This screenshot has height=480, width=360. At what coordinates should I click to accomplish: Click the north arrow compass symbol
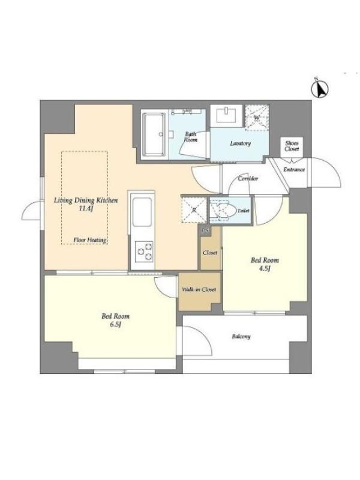320,89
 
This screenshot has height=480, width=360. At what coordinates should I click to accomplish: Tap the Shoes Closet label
292,146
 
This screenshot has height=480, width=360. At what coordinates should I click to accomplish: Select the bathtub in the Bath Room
155,134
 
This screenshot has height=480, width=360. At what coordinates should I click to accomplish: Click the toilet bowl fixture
223,211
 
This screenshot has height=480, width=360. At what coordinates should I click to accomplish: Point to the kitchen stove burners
145,251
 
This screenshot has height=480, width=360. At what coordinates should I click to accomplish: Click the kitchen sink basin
142,212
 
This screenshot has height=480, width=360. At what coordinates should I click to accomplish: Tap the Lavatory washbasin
226,115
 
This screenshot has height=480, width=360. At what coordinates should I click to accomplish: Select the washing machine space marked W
257,118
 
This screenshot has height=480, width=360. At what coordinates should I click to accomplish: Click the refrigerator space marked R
194,210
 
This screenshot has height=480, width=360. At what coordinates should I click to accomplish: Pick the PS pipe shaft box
205,231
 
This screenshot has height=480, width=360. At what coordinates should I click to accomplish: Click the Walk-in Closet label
199,289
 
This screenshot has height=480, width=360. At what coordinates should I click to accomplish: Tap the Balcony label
241,337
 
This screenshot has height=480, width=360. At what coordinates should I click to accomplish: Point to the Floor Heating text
90,240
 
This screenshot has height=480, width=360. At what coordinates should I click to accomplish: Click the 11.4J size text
86,208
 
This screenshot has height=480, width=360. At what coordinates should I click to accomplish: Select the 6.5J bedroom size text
115,324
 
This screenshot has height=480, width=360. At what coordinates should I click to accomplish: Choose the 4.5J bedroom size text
265,268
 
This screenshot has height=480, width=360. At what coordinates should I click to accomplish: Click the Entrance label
294,169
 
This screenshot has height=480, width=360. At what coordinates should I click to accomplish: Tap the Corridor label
248,178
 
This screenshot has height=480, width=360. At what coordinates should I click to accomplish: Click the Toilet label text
244,211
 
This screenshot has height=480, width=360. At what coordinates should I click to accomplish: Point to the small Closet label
211,253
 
